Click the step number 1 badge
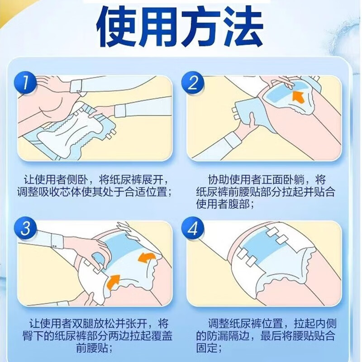pyautogui.click(x=25, y=82)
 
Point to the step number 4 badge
pyautogui.click(x=193, y=229)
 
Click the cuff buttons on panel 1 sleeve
pyautogui.click(x=78, y=91)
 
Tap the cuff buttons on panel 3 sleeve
pyautogui.click(x=55, y=246)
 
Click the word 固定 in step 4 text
pyautogui.click(x=206, y=348)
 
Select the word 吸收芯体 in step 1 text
pyautogui.click(x=60, y=192)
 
